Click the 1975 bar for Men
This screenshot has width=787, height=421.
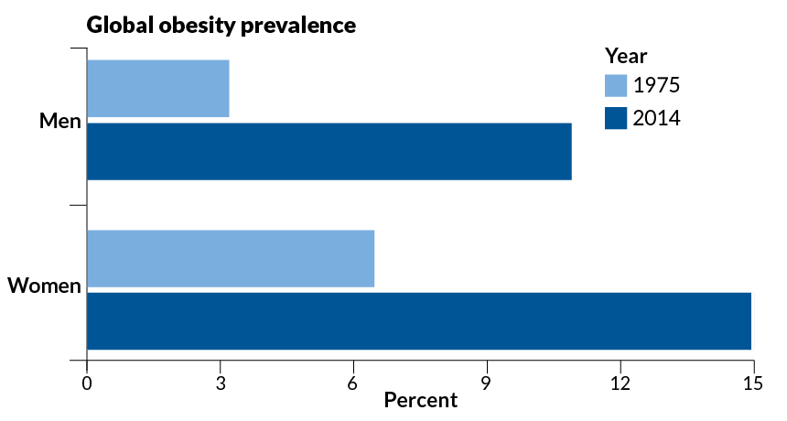157,89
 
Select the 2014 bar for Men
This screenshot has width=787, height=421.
329,151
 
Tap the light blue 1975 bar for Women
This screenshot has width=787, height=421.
231,259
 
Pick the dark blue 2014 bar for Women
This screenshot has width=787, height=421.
418,321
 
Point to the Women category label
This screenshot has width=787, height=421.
45,287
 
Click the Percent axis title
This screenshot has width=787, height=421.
420,401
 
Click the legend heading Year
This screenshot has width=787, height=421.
626,55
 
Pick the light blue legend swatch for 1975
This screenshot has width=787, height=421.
616,86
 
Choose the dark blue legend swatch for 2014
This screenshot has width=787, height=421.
616,118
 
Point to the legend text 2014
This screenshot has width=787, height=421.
657,118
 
